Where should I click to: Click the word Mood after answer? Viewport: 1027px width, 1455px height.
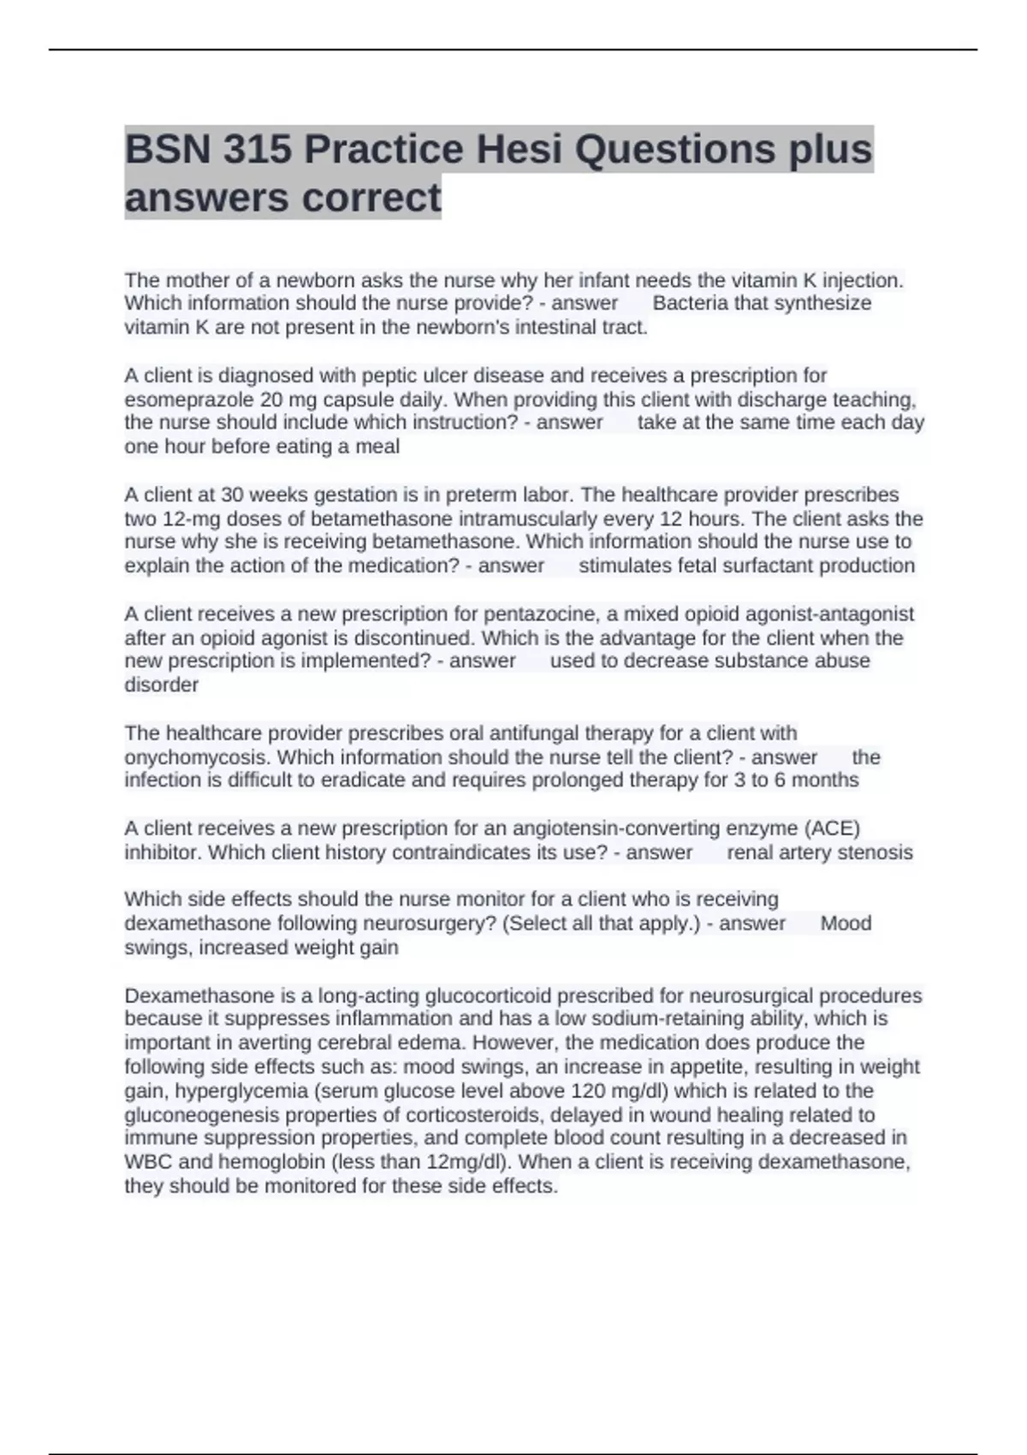[x=846, y=923]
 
